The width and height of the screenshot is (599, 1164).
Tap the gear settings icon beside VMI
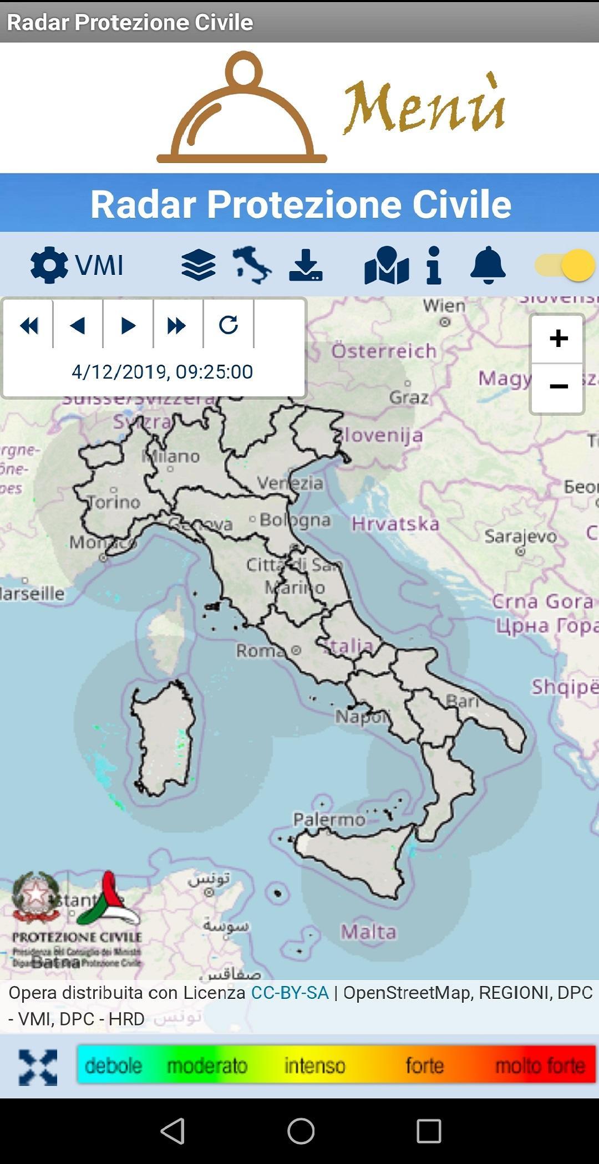(x=49, y=265)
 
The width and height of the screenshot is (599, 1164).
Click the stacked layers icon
(x=198, y=265)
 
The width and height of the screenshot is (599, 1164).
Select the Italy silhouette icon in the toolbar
(x=252, y=266)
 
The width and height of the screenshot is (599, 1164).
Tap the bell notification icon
(x=488, y=266)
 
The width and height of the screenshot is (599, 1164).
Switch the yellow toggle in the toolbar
(x=565, y=265)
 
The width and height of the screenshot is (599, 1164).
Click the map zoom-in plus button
(x=558, y=338)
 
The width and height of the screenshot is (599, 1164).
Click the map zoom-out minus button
(x=558, y=387)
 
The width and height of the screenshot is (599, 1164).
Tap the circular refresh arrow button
(x=229, y=325)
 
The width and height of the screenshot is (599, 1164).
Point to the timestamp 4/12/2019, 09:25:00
(x=162, y=371)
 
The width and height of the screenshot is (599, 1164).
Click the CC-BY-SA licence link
(x=290, y=993)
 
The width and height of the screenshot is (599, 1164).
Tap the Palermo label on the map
(x=329, y=819)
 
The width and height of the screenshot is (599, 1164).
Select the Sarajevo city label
(x=520, y=536)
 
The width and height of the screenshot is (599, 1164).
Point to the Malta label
(x=368, y=932)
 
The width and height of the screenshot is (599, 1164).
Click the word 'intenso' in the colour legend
(x=314, y=1065)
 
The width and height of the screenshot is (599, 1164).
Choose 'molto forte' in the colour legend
(x=540, y=1065)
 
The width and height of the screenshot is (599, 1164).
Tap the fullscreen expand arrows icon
(x=38, y=1067)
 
